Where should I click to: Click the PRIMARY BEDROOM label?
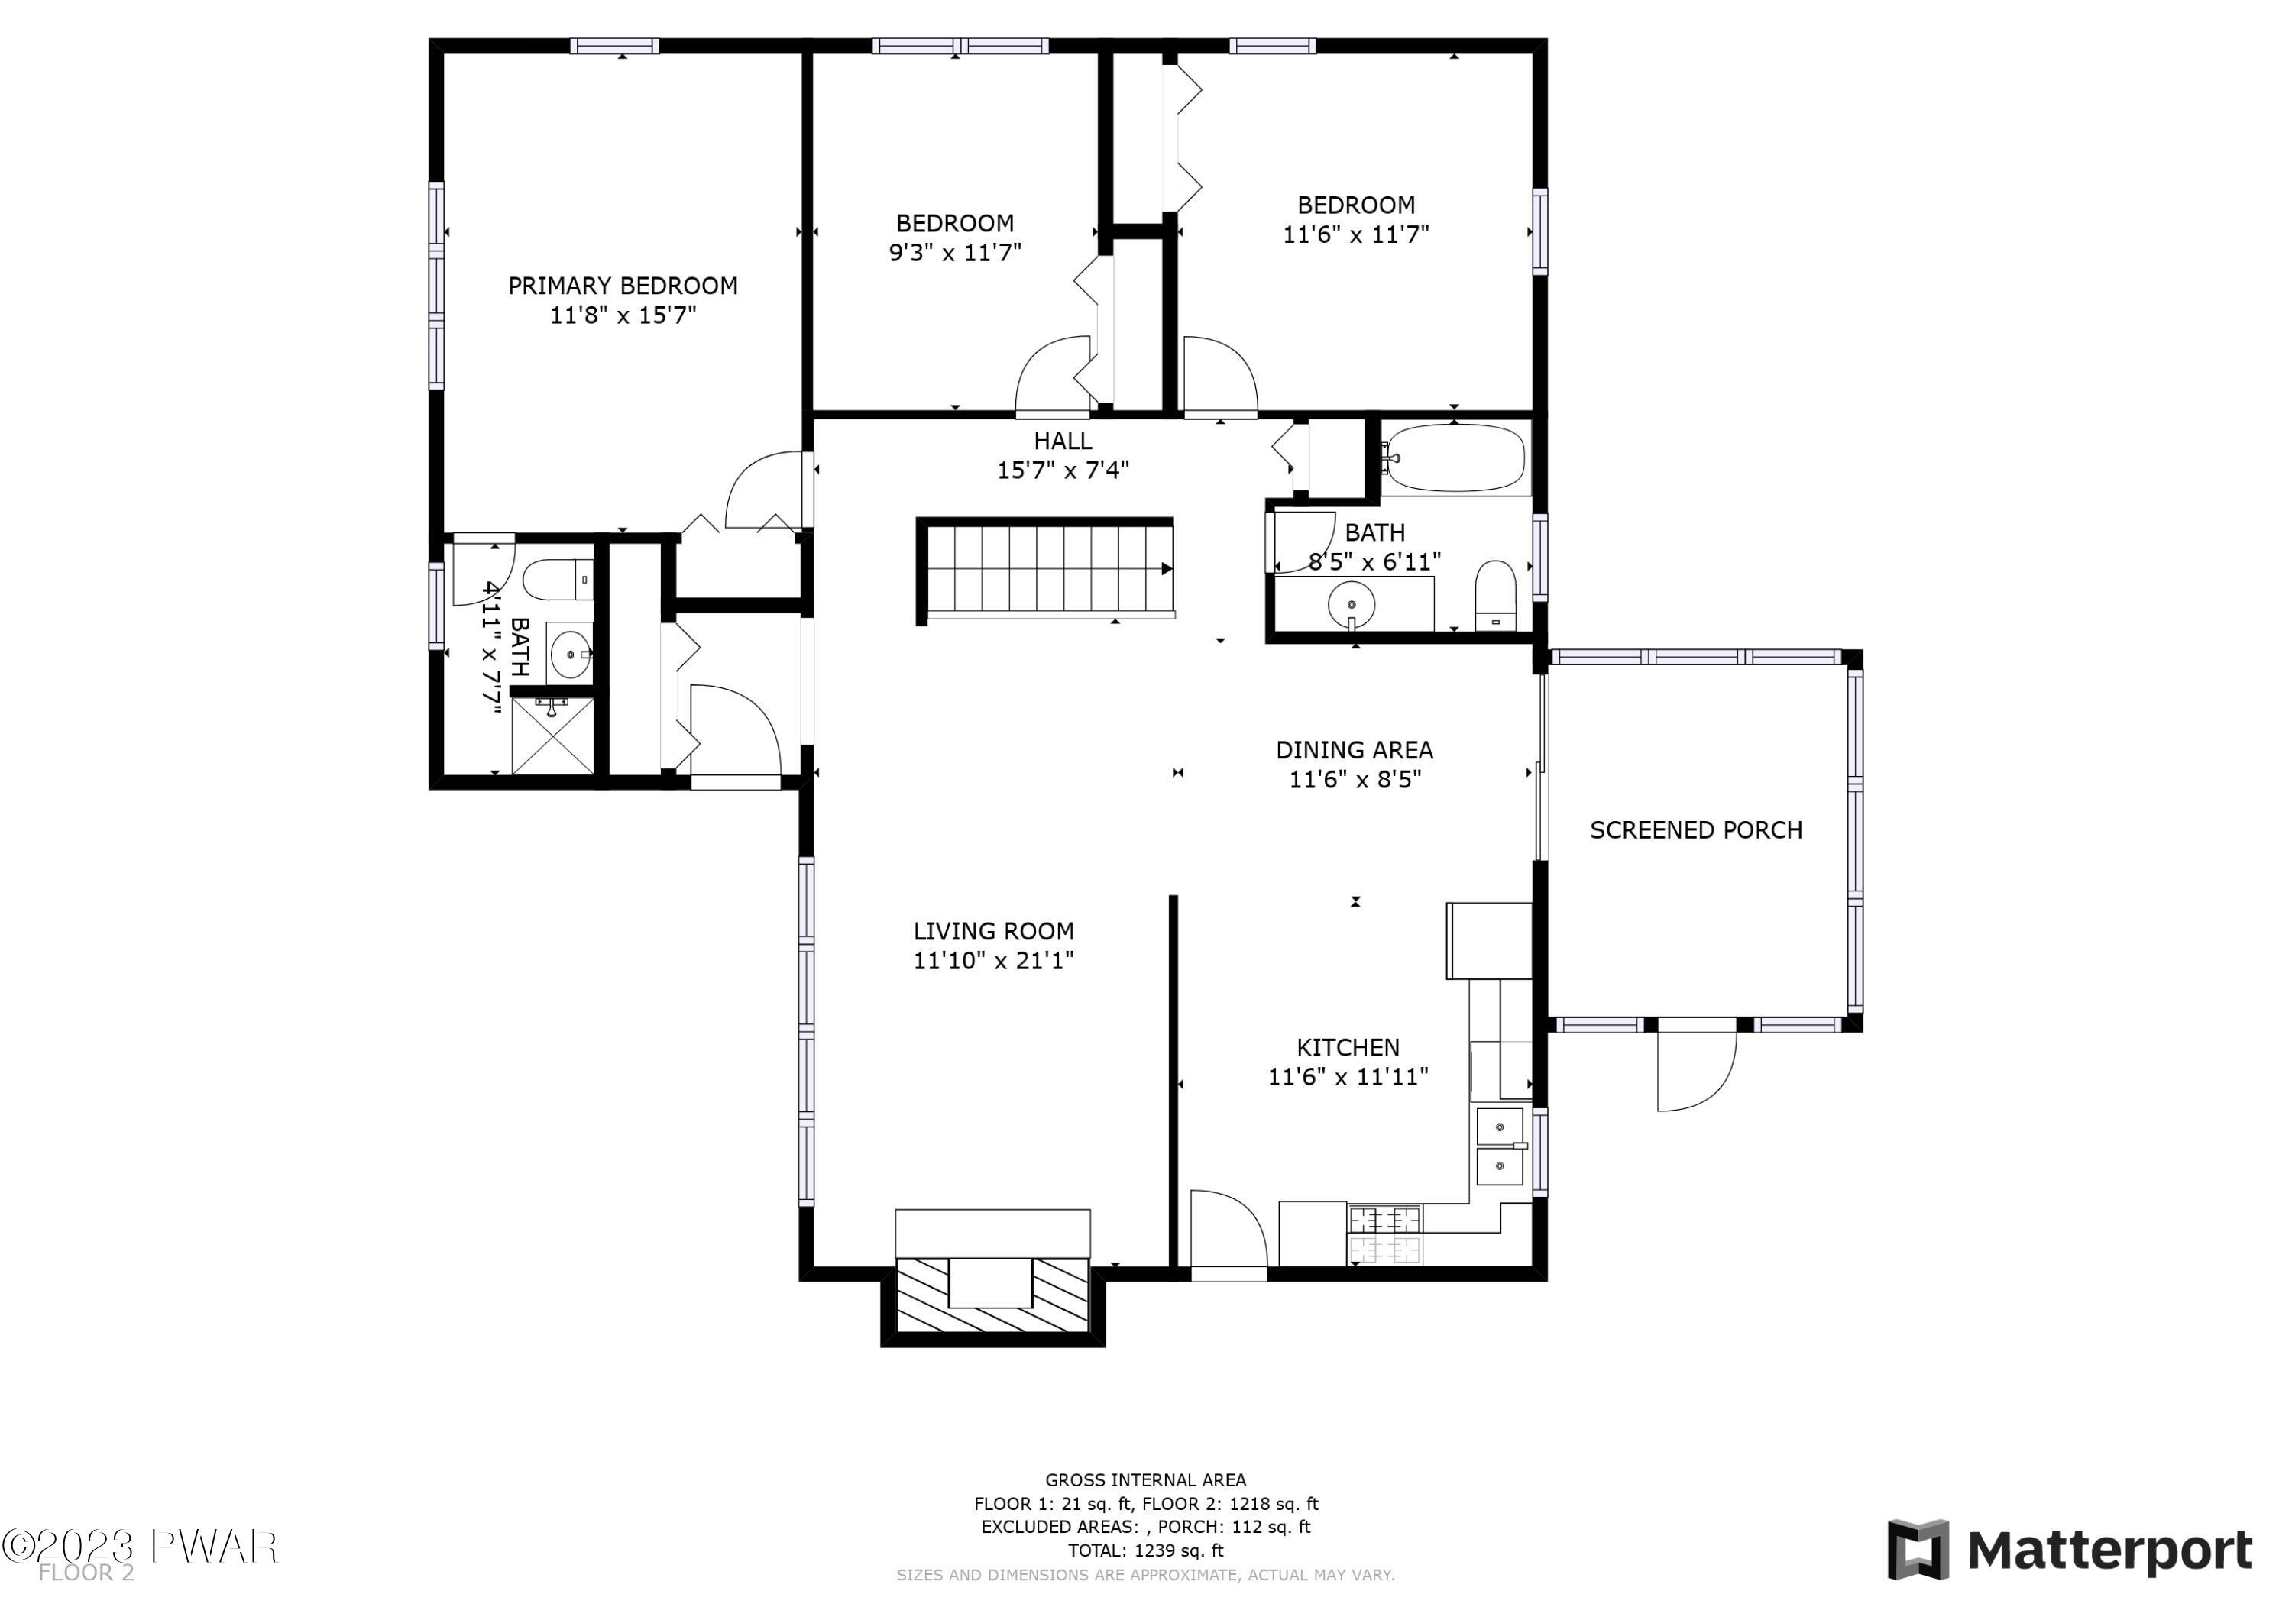click(x=623, y=286)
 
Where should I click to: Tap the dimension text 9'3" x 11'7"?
click(x=955, y=253)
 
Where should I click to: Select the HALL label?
click(x=1062, y=440)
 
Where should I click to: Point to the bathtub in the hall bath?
click(x=1455, y=458)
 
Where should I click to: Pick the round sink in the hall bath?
click(x=1351, y=605)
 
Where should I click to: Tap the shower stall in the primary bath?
click(x=552, y=736)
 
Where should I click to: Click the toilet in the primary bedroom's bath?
click(x=558, y=579)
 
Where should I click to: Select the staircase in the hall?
click(x=1044, y=569)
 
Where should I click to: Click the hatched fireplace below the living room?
click(x=992, y=1295)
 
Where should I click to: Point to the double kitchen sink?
click(x=1500, y=1145)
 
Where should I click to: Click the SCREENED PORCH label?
click(x=1696, y=830)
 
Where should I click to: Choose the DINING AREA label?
click(x=1355, y=749)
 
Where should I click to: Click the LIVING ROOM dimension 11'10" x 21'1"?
click(x=993, y=960)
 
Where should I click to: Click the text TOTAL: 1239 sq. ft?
click(x=1145, y=1550)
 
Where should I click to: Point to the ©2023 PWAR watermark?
click(x=139, y=1547)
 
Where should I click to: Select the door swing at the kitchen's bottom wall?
click(x=1229, y=1230)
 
